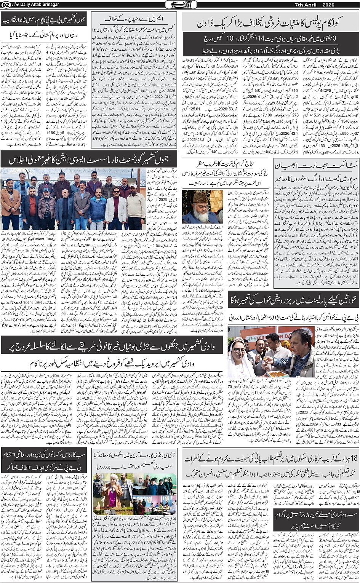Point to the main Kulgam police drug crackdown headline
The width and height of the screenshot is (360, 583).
pos(270,23)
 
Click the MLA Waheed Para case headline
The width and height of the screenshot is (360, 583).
pos(134,19)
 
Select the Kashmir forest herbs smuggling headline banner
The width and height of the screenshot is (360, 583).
pos(111,345)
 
